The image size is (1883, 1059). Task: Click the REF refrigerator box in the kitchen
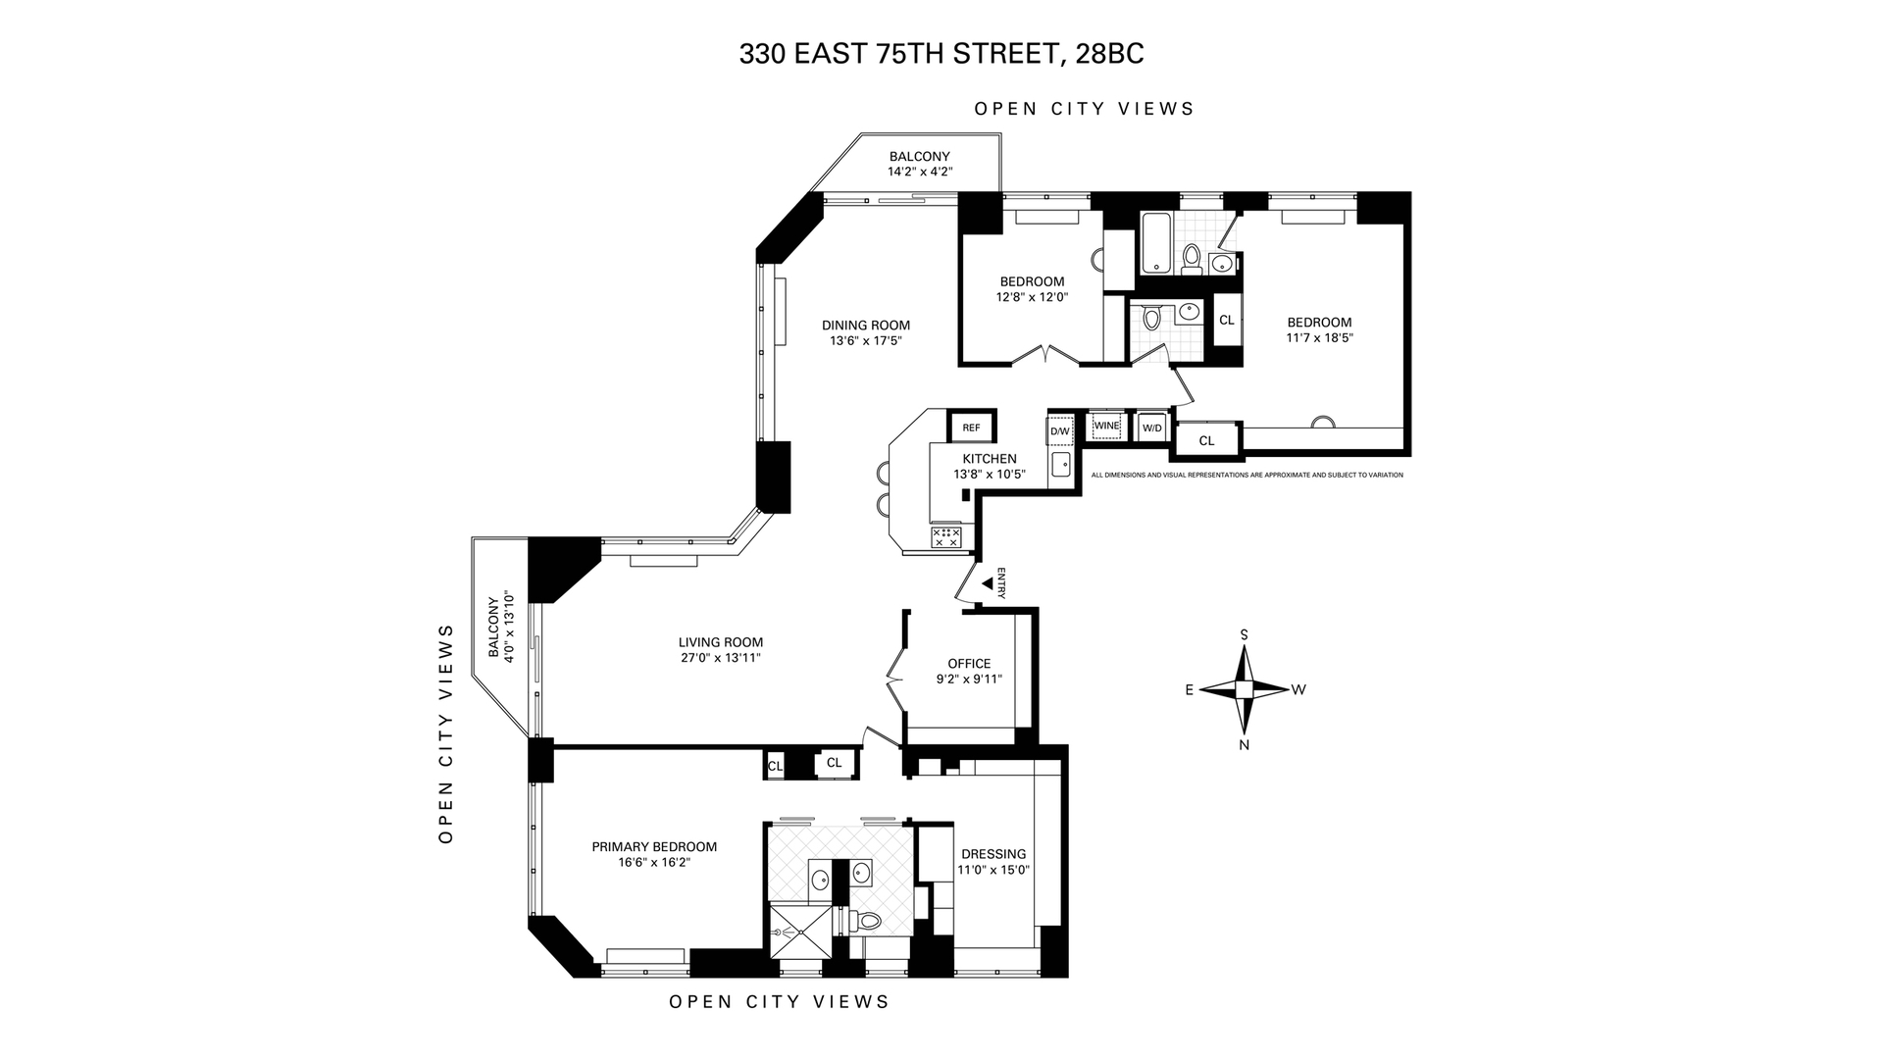coord(971,428)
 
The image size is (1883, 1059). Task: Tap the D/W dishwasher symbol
coord(1060,430)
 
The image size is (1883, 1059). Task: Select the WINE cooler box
coord(1106,426)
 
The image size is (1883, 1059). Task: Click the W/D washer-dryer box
coord(1151,428)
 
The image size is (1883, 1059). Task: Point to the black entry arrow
coord(988,583)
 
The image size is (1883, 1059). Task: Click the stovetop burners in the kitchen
coord(946,536)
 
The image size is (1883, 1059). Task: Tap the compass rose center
coord(1244,690)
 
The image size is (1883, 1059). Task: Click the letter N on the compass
coord(1244,745)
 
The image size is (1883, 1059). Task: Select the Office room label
coord(969,664)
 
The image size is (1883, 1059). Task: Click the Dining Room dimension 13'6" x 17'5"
coord(865,341)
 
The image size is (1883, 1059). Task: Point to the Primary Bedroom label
coord(654,847)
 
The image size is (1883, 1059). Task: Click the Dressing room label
coord(993,854)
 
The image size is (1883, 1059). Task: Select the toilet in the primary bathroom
coord(867,920)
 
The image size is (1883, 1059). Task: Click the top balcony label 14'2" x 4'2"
coord(920,172)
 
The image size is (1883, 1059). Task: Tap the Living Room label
coord(720,643)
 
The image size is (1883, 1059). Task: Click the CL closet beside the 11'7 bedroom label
coord(1226,320)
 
